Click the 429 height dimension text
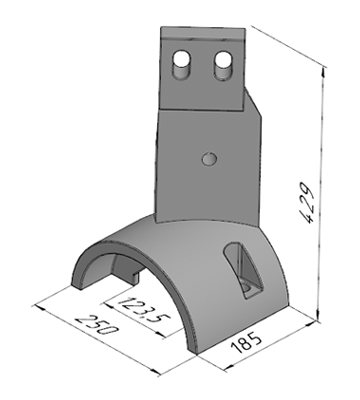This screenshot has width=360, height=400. [306, 202]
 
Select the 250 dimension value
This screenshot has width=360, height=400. [97, 324]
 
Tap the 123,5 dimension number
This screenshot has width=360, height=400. [144, 312]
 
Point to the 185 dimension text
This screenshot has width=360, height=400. [246, 343]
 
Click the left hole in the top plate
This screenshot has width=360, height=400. [181, 60]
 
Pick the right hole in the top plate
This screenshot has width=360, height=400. [223, 60]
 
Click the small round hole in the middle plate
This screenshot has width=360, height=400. [210, 159]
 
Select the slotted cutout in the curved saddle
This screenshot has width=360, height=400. [243, 269]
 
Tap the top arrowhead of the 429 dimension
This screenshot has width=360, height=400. [323, 73]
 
